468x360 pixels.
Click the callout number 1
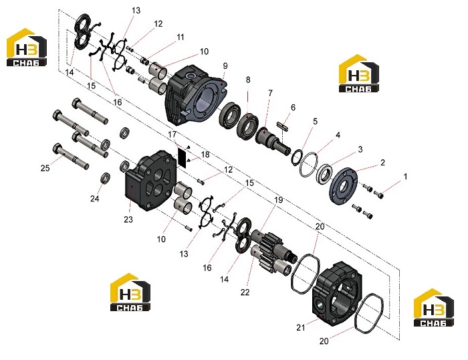point(405,177)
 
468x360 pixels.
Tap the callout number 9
point(225,66)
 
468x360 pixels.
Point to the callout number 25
point(45,168)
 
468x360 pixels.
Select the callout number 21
point(301,328)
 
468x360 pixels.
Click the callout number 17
point(172,134)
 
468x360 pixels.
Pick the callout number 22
point(245,292)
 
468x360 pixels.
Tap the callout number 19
point(278,200)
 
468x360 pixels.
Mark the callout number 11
point(181,37)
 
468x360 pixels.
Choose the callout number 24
point(95,198)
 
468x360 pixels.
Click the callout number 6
point(293,107)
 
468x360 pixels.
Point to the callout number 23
point(128,219)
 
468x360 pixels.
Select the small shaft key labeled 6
point(283,126)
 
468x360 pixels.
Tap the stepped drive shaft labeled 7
point(271,141)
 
